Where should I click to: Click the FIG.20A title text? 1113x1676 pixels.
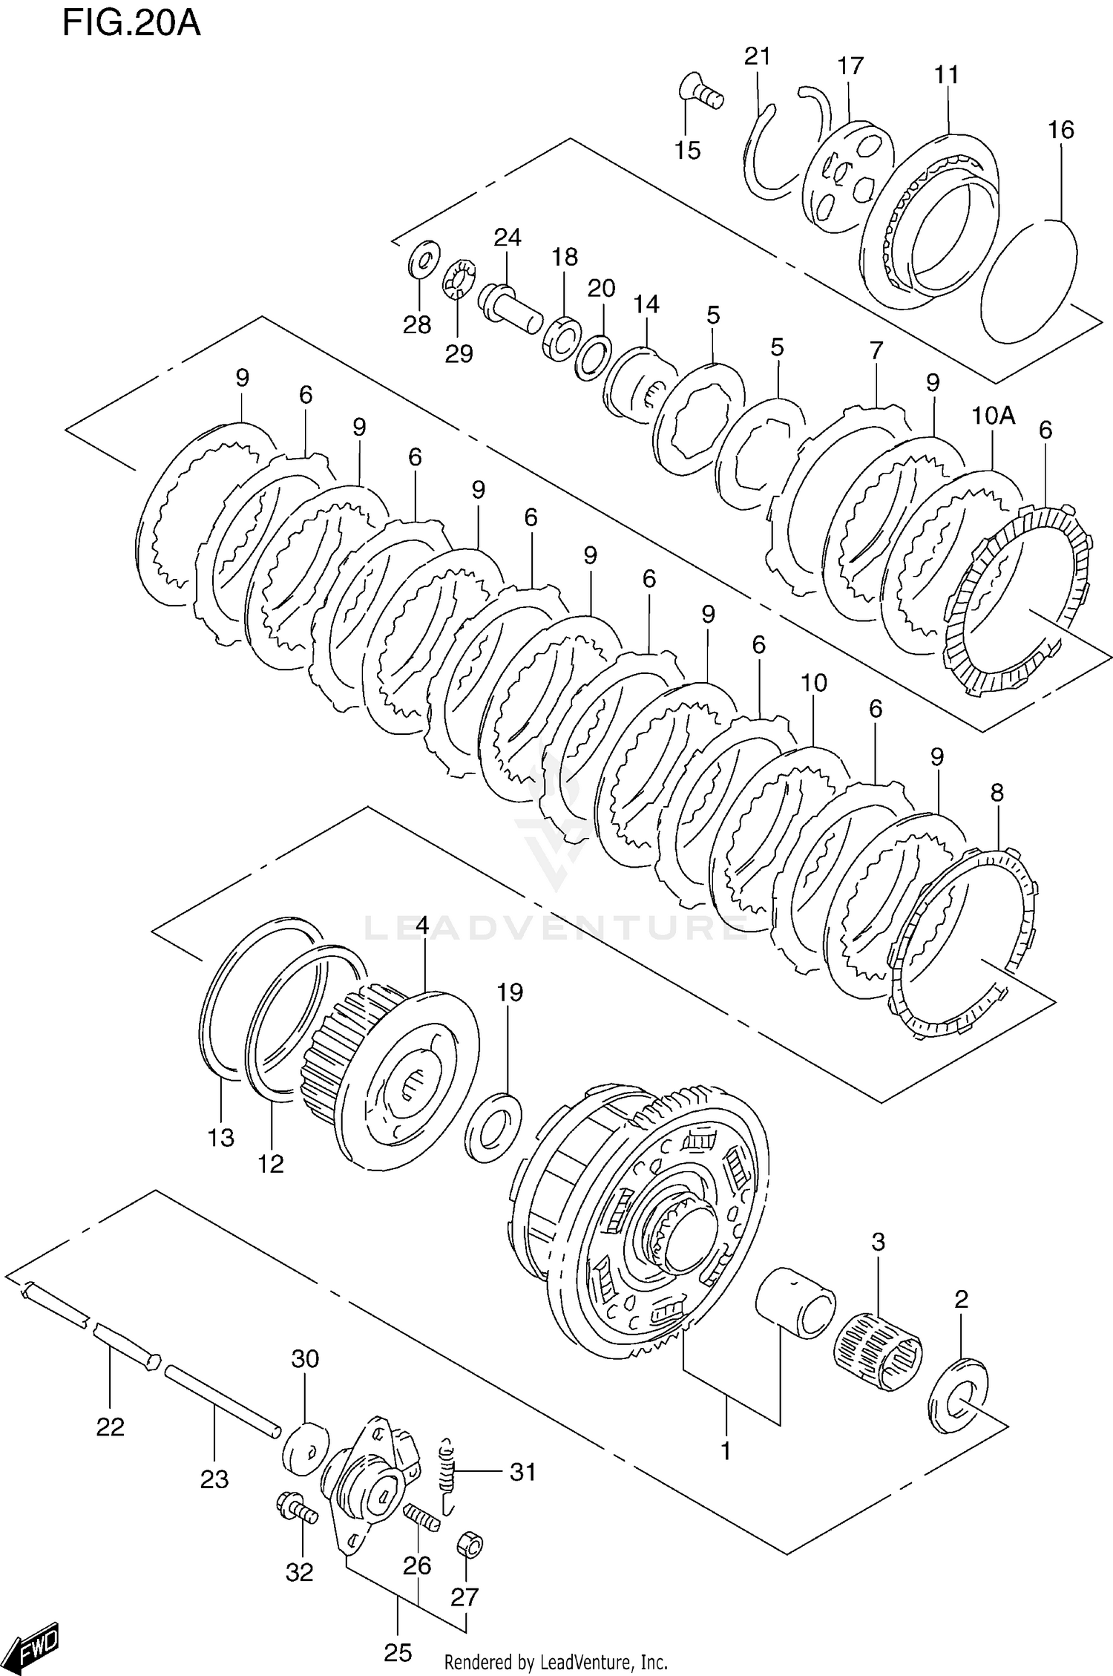click(131, 23)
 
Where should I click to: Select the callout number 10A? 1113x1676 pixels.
click(993, 416)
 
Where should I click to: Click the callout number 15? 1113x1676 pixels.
click(687, 151)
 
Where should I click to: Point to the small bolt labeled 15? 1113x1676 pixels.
click(700, 95)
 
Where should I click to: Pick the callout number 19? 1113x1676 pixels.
click(510, 992)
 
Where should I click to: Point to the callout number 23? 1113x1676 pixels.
click(214, 1479)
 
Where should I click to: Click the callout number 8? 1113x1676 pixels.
click(997, 793)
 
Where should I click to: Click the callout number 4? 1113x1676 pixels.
click(421, 925)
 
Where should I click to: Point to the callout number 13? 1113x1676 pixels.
click(221, 1138)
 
